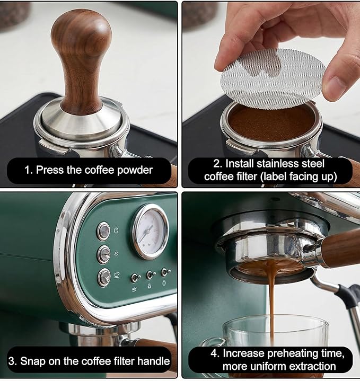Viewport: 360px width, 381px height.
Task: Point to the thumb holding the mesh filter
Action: [x=339, y=79]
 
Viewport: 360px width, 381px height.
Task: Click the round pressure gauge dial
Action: [x=150, y=231]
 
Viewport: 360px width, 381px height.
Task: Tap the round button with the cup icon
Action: [x=104, y=277]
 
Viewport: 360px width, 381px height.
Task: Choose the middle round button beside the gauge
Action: [x=104, y=254]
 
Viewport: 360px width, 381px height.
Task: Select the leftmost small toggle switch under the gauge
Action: [x=136, y=277]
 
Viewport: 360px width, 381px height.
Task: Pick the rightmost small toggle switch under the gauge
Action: [x=165, y=272]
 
